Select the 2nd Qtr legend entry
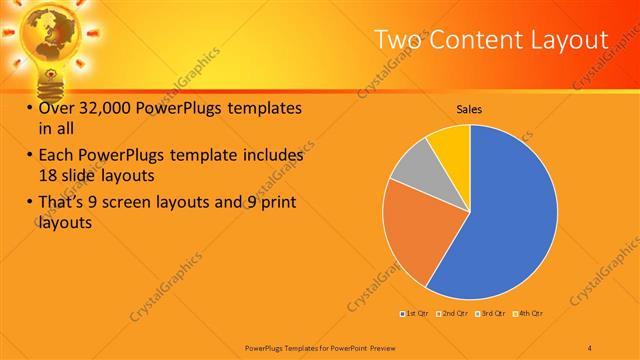[x=453, y=314]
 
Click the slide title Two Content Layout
[x=491, y=39]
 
